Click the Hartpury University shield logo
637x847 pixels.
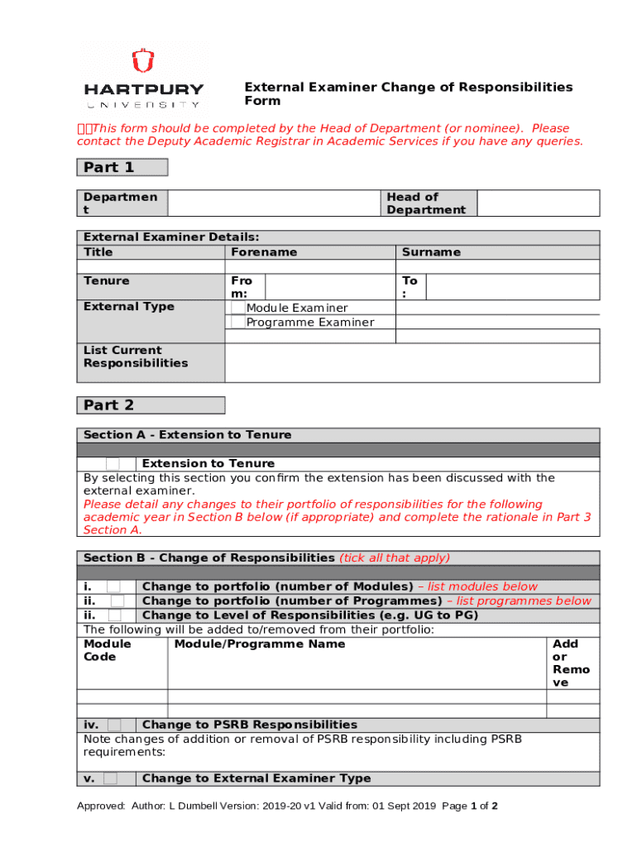pos(143,62)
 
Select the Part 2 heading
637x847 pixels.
pos(108,405)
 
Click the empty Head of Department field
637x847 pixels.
pos(539,203)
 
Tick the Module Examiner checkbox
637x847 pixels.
pos(238,308)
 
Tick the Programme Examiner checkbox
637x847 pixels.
pos(238,322)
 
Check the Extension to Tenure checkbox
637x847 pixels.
pos(112,464)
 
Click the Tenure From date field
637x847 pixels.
pos(329,287)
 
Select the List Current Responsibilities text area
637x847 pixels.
pos(412,362)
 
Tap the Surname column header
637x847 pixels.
pos(431,252)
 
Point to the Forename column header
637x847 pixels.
pos(264,252)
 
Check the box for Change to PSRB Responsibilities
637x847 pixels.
pos(113,725)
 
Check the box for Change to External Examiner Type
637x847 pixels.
pos(110,778)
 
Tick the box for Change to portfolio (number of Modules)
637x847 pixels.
pos(113,587)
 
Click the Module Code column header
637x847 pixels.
pos(108,650)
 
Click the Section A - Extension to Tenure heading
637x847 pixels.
pos(188,435)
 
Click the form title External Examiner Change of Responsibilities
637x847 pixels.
pos(407,93)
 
